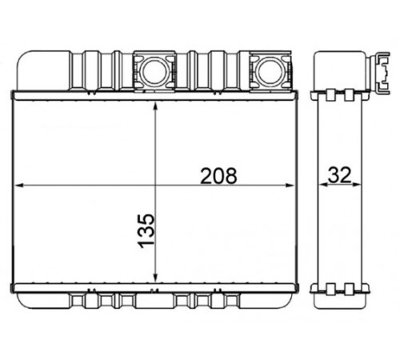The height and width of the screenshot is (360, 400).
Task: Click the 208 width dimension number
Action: coord(218,176)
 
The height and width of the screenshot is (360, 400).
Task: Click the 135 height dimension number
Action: coord(146,230)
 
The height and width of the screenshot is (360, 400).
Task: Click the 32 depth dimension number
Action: coord(339,175)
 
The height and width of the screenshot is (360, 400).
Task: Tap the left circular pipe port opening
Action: coord(154,70)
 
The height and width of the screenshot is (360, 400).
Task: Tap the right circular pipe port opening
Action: coord(270,70)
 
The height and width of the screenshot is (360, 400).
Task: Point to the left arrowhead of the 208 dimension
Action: coord(20,186)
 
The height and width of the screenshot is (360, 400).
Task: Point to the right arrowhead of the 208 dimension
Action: coord(290,186)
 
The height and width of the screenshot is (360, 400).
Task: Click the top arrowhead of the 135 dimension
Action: coord(156,107)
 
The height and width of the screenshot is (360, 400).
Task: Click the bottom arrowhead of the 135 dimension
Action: coord(156,278)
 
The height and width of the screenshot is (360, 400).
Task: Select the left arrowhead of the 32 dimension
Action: coord(323,184)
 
